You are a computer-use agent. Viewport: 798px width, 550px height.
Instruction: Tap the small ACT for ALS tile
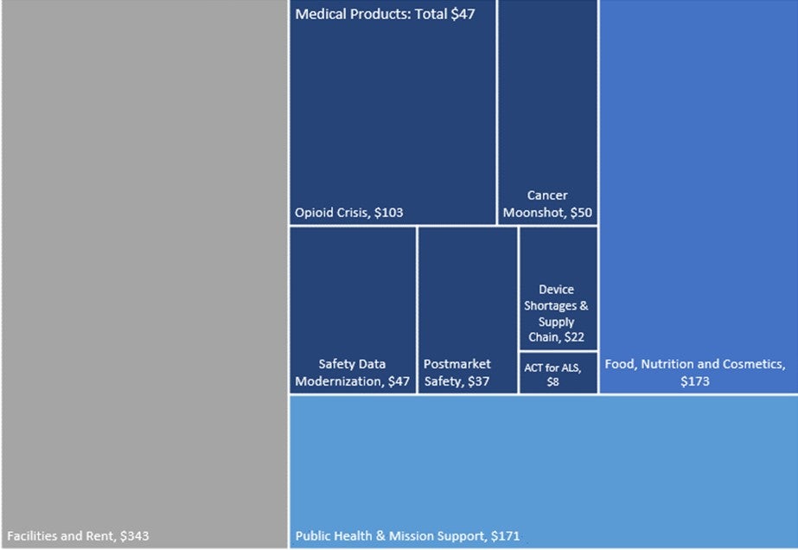click(x=558, y=374)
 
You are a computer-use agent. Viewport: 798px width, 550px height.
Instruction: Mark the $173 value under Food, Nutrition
click(x=694, y=381)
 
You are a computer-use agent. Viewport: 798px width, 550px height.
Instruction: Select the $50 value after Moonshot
click(x=578, y=213)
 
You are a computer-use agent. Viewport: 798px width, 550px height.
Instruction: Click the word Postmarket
click(x=457, y=364)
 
